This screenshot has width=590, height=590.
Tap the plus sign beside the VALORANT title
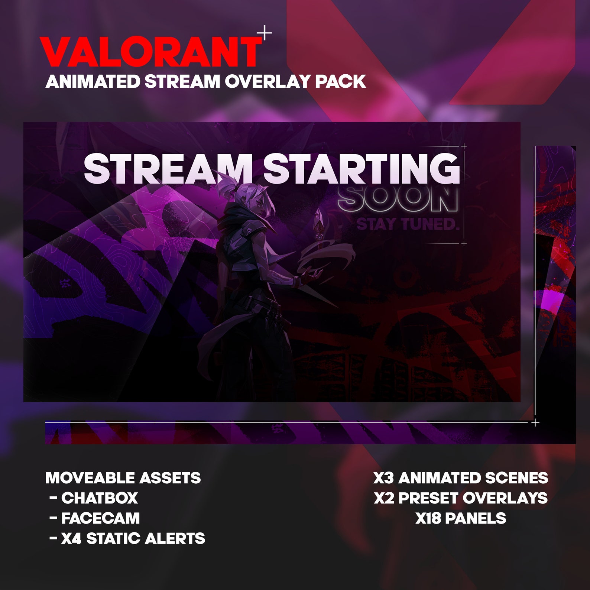click(x=265, y=33)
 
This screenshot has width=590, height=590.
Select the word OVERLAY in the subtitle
click(x=268, y=82)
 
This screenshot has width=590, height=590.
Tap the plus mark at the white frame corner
click(x=535, y=422)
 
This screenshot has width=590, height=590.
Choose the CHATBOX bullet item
click(x=100, y=498)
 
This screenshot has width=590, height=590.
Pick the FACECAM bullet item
click(x=100, y=518)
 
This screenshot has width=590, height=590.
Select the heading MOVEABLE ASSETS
click(x=123, y=478)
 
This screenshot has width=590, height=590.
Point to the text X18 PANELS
click(x=461, y=518)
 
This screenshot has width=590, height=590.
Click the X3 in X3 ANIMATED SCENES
click(x=383, y=478)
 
